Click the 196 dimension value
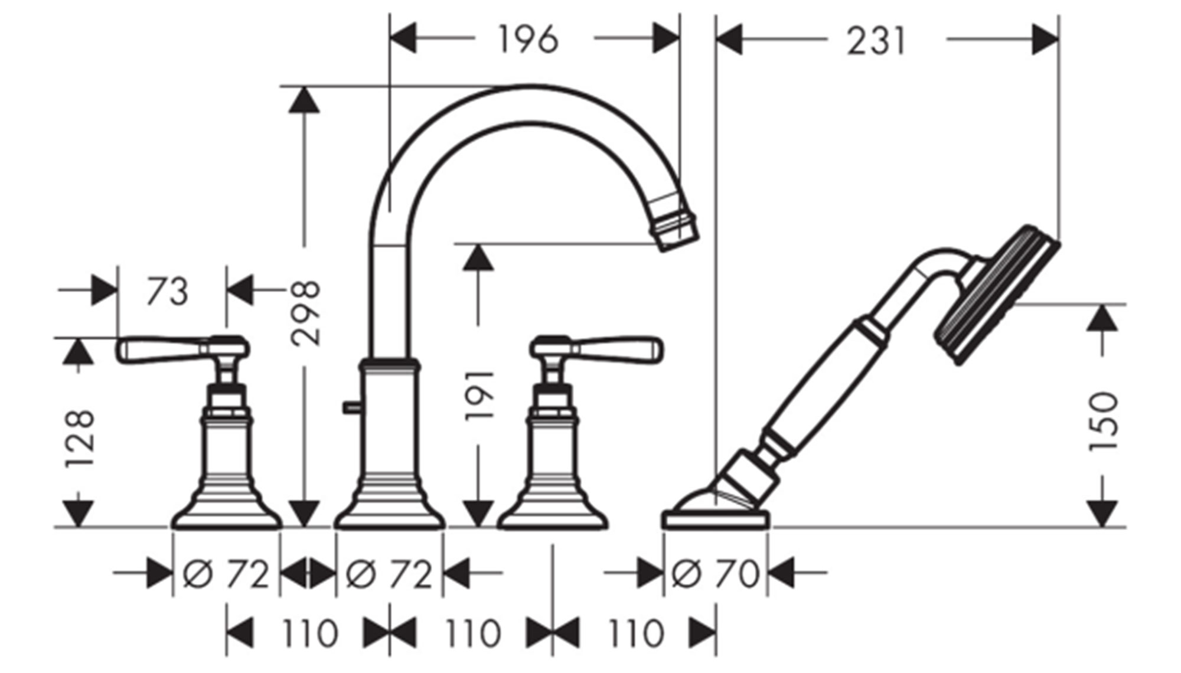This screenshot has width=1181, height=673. coord(528,40)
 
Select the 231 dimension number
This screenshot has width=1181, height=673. coord(876,42)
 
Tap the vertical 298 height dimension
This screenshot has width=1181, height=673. coord(305,313)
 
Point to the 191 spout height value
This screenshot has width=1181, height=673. coord(478,396)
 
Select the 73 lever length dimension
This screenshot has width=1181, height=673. coord(167,292)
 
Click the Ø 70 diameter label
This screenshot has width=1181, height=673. coord(715,573)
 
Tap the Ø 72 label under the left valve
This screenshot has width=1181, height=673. coord(226,573)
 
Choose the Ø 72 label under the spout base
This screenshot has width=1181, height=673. coord(389,573)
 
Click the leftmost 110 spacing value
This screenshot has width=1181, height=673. coord(309,633)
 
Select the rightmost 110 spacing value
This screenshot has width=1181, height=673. coord(635,633)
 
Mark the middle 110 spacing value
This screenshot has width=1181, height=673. coord(472,633)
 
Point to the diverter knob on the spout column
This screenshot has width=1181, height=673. coord(350,406)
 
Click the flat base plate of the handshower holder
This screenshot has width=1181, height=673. coord(715,520)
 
